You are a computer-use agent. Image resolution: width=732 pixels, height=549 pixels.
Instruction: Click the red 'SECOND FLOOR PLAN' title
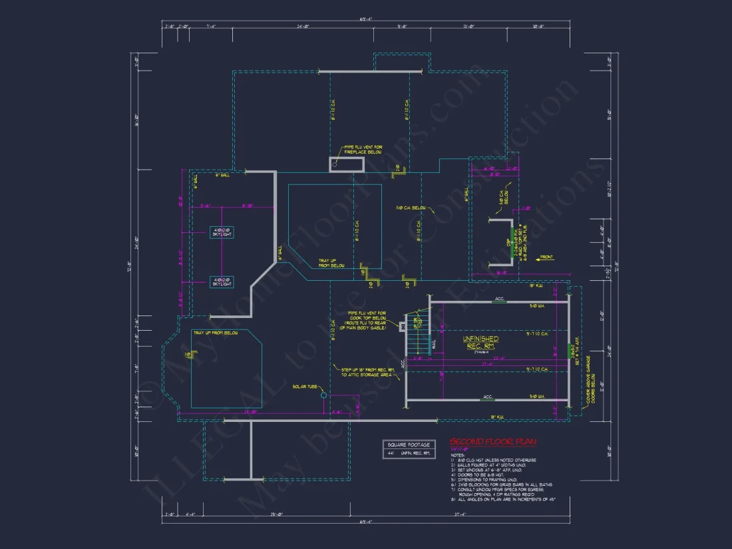pyautogui.click(x=492, y=442)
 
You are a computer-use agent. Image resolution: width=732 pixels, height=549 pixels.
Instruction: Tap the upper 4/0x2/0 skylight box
pyautogui.click(x=222, y=232)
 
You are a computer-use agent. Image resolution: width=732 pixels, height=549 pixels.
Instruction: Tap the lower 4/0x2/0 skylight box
pyautogui.click(x=222, y=281)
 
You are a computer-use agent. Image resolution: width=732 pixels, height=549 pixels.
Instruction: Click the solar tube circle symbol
pyautogui.click(x=323, y=395)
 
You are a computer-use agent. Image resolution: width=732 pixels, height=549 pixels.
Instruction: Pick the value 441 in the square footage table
pyautogui.click(x=391, y=454)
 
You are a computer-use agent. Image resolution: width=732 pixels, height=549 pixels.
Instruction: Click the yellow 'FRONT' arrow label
pyautogui.click(x=546, y=257)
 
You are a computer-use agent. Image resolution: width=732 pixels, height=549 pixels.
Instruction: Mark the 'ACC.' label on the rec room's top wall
pyautogui.click(x=499, y=299)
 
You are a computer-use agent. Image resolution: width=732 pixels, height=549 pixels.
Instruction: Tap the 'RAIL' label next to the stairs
pyautogui.click(x=434, y=345)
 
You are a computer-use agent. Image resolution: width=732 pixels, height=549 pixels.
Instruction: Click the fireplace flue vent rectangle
pyautogui.click(x=347, y=164)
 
